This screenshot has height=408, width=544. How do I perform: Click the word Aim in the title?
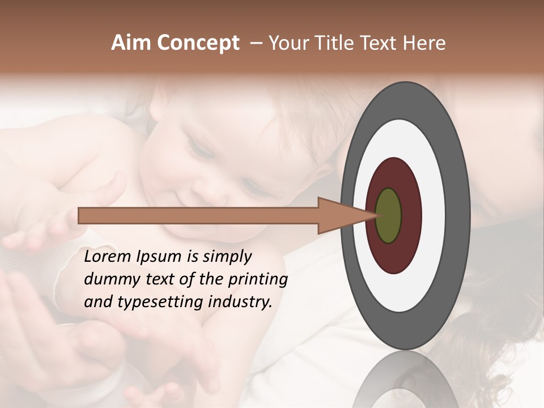tap(130, 43)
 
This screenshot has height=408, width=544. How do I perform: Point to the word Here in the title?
tap(424, 43)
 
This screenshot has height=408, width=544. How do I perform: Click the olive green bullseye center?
tap(388, 215)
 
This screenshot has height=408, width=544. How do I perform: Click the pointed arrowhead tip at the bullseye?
tap(375, 215)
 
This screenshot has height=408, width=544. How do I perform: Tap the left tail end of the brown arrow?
tap(80, 215)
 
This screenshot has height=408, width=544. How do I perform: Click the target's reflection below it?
tap(405, 380)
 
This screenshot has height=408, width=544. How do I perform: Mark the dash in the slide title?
tap(255, 44)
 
